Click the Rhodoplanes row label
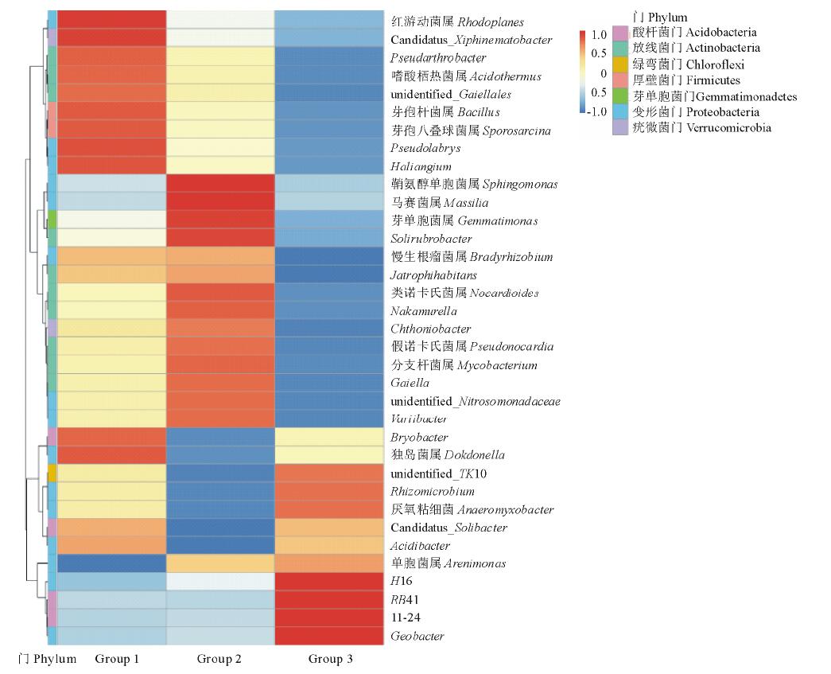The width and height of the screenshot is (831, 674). [456, 21]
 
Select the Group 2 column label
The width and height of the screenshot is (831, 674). [219, 659]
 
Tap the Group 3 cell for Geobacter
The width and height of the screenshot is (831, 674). [329, 636]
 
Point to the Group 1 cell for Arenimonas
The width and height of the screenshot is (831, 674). [111, 563]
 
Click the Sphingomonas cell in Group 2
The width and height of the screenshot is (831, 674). [219, 184]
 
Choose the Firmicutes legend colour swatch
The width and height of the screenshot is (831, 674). [620, 80]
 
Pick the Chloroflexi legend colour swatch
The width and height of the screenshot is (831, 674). [620, 64]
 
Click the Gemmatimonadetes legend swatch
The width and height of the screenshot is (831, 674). [620, 96]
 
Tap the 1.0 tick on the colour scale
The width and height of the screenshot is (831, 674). [599, 36]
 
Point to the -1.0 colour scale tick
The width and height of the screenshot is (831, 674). [596, 111]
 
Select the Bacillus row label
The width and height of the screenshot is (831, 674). [445, 112]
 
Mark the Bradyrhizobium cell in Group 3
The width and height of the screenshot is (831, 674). [329, 256]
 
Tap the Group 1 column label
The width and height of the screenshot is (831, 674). [117, 659]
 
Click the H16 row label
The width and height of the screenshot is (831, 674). [401, 582]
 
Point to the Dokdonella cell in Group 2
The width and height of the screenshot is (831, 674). [219, 455]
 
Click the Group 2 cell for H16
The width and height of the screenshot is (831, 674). [219, 582]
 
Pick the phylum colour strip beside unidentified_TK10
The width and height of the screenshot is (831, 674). [52, 473]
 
